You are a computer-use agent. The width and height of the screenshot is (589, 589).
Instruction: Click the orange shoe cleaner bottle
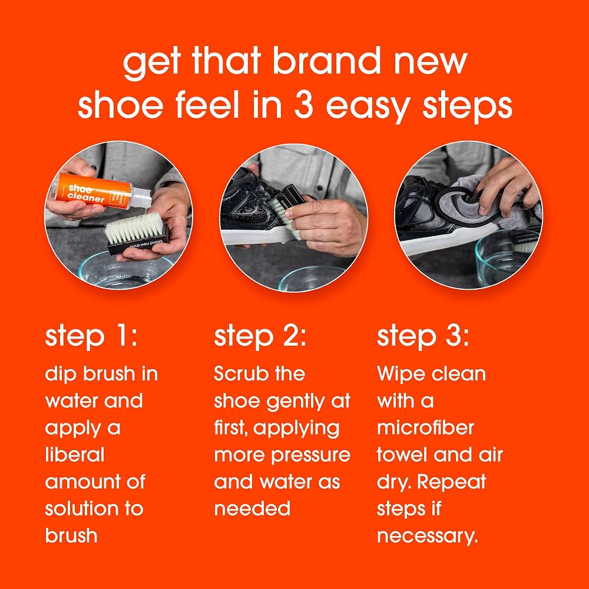tap(100, 191)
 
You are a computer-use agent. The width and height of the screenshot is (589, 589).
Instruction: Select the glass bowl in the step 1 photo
tap(124, 270)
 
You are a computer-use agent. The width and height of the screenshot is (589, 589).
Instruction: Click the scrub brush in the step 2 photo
tap(287, 210)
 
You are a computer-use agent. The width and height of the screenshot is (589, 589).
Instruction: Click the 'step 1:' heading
tap(91, 337)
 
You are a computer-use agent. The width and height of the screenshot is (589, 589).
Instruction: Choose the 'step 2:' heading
tap(260, 337)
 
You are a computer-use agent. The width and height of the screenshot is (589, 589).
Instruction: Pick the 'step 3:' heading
tap(423, 337)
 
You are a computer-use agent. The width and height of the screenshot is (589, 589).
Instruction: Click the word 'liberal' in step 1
tap(75, 455)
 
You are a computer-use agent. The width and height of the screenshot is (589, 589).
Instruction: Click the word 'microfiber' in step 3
tap(426, 428)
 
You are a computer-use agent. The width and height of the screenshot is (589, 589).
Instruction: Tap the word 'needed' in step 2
tap(252, 509)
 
